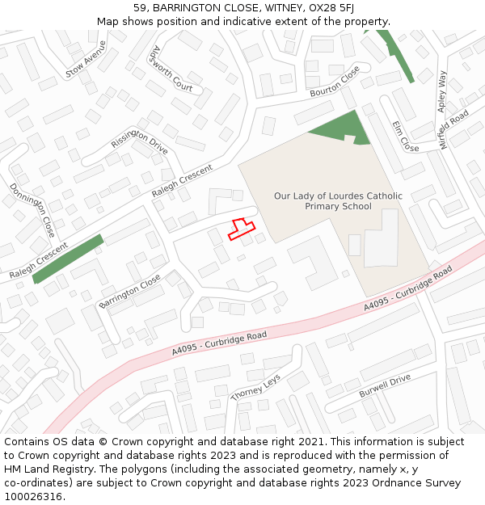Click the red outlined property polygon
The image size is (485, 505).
[x=240, y=229]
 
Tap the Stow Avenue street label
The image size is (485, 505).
[x=86, y=59]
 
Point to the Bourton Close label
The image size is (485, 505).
[x=335, y=82]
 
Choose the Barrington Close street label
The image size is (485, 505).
[x=129, y=291]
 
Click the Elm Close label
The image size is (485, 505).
[x=405, y=137]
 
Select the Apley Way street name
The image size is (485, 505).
[x=441, y=90]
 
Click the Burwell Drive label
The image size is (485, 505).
[x=385, y=386]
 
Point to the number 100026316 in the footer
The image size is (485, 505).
[x=33, y=496]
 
